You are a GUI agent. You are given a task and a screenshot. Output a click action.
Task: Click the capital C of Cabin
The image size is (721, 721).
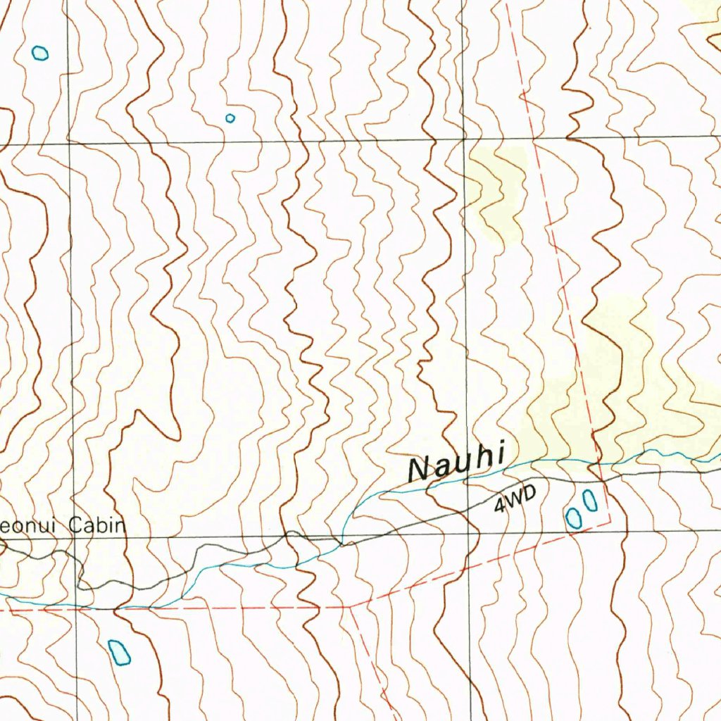75,525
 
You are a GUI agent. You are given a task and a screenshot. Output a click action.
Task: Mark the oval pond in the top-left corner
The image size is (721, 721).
41,53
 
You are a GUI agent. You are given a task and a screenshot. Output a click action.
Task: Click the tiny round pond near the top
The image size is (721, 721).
230,118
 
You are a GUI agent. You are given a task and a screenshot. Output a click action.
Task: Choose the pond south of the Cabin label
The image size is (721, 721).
119,652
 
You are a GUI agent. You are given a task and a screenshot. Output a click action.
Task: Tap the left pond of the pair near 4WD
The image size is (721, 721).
573,518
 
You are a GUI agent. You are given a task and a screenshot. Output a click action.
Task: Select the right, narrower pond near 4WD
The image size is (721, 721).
590,501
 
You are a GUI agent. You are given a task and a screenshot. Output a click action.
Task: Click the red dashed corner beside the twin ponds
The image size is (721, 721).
610,522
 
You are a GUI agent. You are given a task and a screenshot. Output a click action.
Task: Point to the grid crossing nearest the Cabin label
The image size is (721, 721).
73,539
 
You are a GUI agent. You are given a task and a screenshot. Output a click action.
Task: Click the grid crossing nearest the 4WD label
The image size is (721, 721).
468,534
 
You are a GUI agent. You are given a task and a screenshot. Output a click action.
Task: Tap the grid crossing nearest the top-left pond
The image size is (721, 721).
68,143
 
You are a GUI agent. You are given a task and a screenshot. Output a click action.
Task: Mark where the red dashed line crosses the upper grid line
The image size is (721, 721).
534,139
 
